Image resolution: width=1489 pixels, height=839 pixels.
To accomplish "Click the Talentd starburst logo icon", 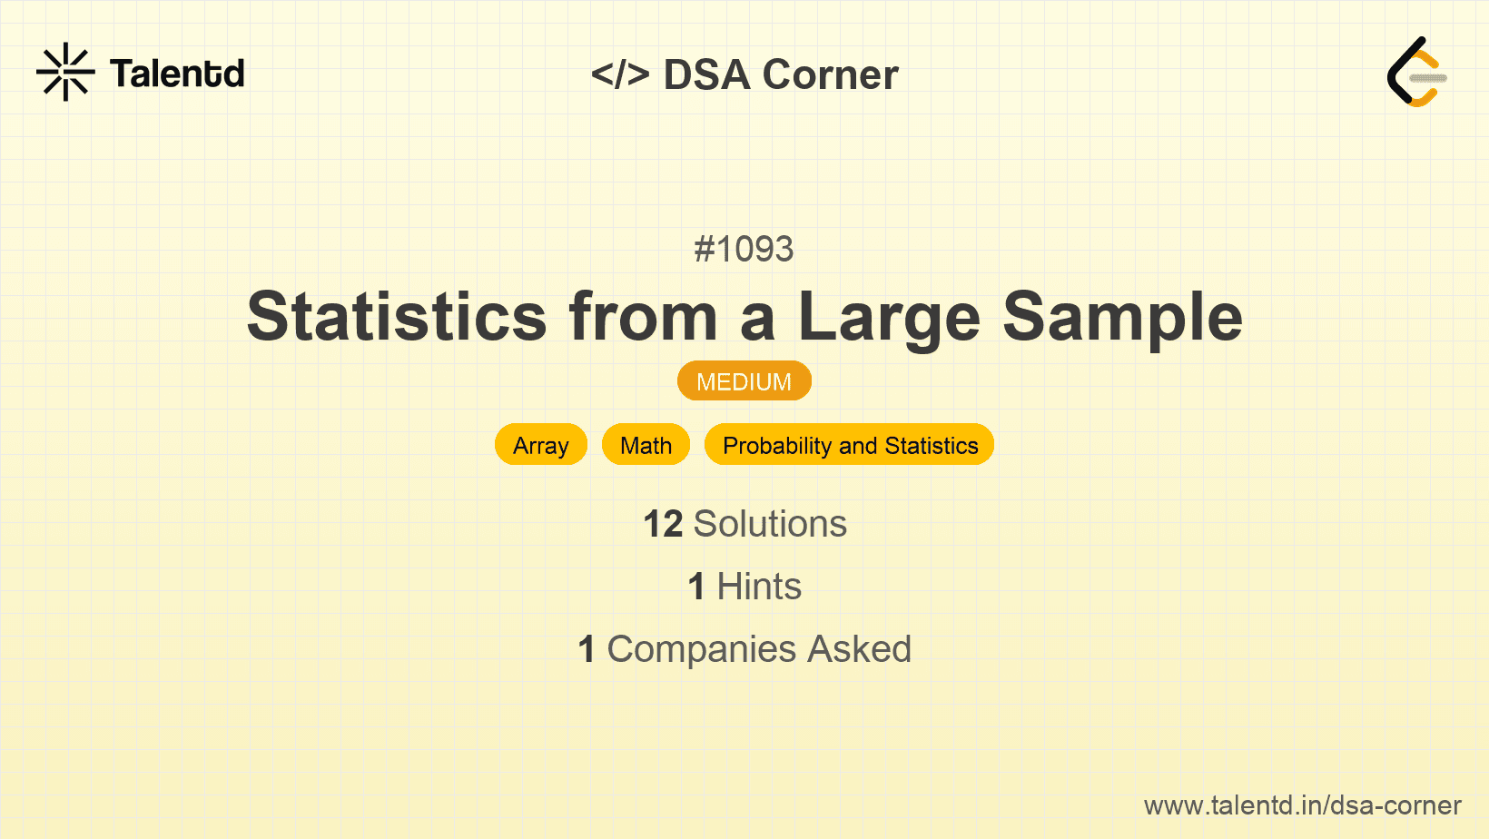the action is tap(65, 72).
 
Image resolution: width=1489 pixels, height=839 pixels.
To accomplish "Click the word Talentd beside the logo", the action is tap(177, 74).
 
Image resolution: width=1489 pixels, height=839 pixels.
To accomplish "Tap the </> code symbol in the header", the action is tap(620, 74).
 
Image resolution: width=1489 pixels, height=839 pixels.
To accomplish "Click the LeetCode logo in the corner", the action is tap(1415, 72).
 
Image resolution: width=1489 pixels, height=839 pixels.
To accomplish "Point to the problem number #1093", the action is tap(744, 250).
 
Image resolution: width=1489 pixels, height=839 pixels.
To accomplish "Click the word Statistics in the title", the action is tap(397, 316).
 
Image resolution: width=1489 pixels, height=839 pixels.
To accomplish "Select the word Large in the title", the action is tap(889, 320).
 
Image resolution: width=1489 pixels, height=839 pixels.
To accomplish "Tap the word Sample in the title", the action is tap(1122, 320).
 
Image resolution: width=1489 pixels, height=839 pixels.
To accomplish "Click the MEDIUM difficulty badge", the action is tap(744, 381).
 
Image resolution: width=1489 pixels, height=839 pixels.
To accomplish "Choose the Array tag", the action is tap(541, 445).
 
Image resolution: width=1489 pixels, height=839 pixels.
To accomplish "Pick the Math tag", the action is tap(646, 445).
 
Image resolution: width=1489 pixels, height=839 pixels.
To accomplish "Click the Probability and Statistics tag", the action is tap(850, 445).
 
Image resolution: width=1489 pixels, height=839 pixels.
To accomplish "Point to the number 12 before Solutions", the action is tap(663, 524).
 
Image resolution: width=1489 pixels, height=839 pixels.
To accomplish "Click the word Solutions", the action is tap(771, 524).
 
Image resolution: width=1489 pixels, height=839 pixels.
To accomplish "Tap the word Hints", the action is tap(759, 587).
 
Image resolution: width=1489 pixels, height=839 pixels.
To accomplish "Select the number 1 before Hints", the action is tap(696, 587).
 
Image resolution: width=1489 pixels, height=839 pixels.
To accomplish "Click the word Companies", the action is tap(701, 649).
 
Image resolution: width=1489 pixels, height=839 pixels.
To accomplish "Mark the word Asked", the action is tap(860, 649).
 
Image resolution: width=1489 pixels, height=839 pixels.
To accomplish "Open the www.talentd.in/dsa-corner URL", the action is tap(1302, 805).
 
